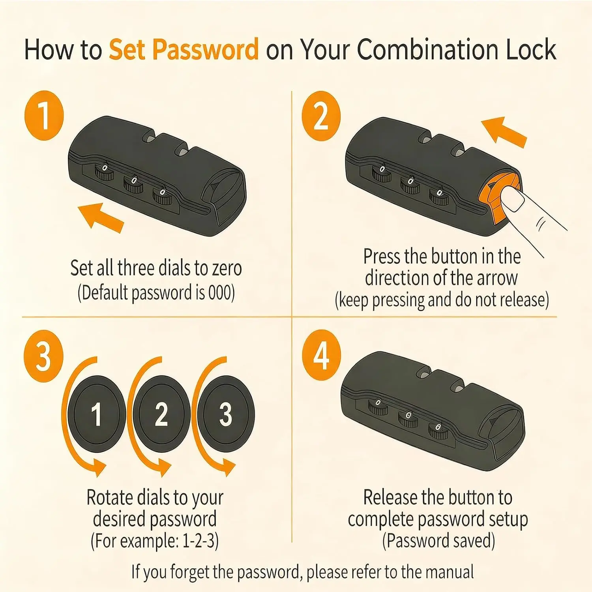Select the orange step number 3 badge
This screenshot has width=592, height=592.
(x=43, y=356)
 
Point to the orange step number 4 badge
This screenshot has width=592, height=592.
(x=321, y=355)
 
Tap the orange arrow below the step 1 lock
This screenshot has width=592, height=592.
(x=101, y=216)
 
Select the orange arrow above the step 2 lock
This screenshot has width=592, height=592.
(x=504, y=132)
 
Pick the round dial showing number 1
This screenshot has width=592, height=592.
(x=96, y=414)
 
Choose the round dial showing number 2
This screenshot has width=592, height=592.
(x=161, y=414)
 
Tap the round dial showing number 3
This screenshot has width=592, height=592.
(x=225, y=414)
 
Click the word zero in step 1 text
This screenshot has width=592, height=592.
(x=227, y=268)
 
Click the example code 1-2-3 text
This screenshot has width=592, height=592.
(x=200, y=541)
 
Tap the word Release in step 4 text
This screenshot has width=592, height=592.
(x=390, y=497)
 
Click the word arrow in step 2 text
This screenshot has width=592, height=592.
(x=497, y=278)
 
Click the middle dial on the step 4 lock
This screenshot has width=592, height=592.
(x=408, y=419)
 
